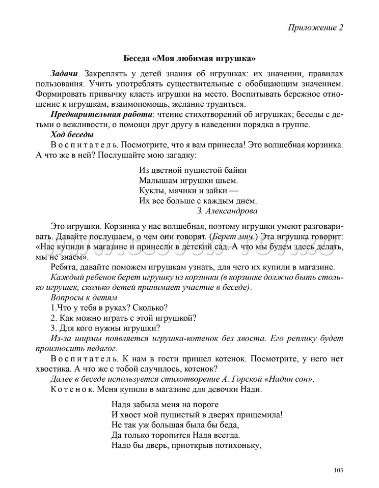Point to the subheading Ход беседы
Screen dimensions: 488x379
click(72, 135)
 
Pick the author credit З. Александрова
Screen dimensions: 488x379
click(227, 210)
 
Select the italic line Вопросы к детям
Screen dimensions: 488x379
click(85, 297)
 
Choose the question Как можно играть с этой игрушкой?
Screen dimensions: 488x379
click(124, 318)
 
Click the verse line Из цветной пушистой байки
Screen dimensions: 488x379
click(193, 170)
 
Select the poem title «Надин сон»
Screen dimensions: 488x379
click(288, 379)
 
